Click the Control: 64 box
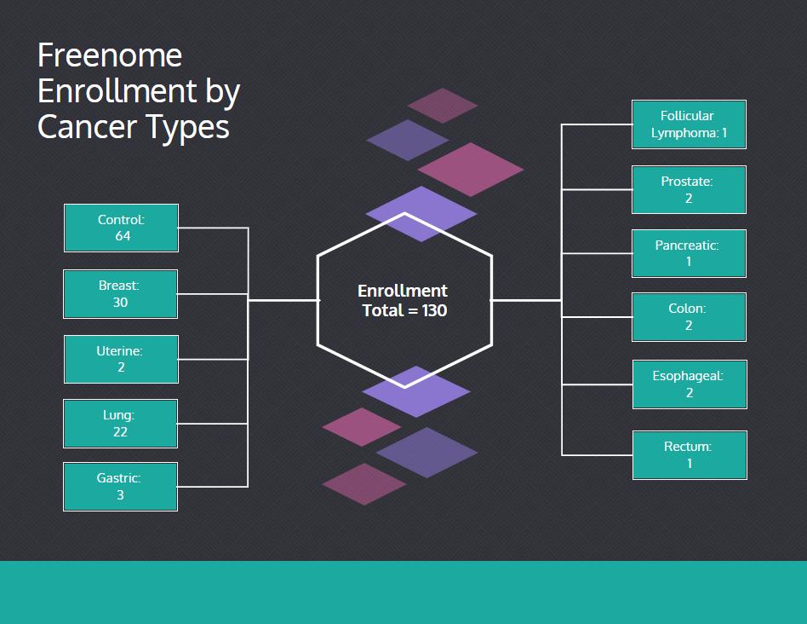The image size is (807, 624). (121, 228)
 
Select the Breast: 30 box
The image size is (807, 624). (120, 294)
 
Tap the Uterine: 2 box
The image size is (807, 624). (121, 359)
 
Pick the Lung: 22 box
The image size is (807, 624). (120, 424)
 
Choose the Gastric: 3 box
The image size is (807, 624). (120, 487)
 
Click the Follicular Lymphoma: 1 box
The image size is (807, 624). (689, 124)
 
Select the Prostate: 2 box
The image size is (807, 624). (689, 189)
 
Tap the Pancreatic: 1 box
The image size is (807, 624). (689, 253)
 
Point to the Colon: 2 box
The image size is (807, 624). (689, 317)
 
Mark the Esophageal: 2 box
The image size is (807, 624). (690, 384)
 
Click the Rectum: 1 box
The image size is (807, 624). (690, 455)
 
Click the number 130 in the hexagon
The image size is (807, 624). (434, 310)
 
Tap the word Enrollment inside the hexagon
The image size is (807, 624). (403, 292)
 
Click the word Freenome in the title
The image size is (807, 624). (110, 55)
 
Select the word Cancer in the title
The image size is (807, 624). (88, 127)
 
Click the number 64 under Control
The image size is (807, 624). (123, 236)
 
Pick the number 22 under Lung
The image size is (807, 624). (120, 432)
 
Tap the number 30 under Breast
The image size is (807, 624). (120, 302)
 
